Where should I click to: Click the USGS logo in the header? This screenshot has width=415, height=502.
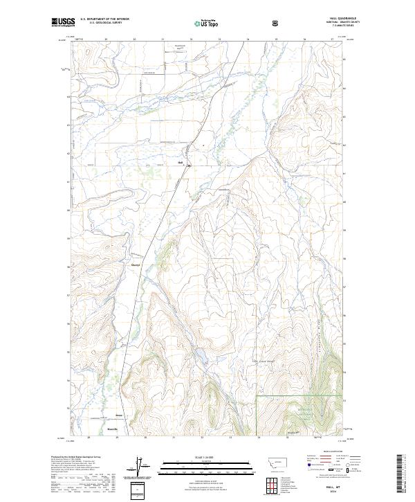63,22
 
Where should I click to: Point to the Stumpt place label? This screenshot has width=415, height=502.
136,264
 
